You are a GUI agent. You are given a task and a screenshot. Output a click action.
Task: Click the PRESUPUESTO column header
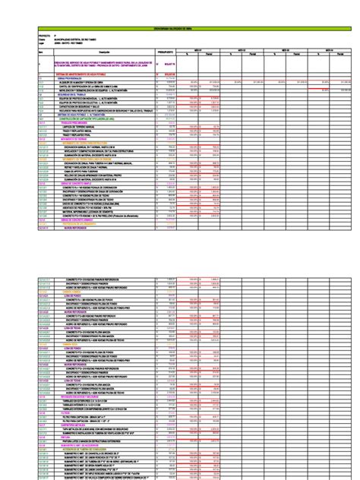coord(166,52)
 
